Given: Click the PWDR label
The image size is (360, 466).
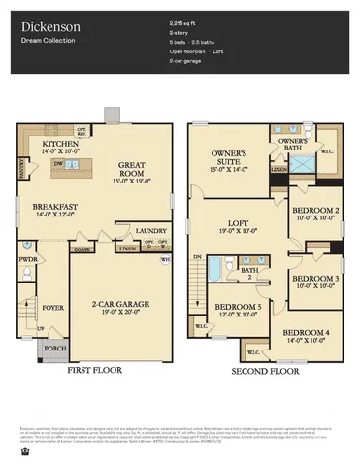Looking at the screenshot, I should [x=27, y=260].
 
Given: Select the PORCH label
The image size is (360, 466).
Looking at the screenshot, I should [x=54, y=348].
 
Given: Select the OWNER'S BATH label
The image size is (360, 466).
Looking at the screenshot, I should [x=293, y=141].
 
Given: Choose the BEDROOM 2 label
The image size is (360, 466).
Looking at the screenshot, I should [x=316, y=211].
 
